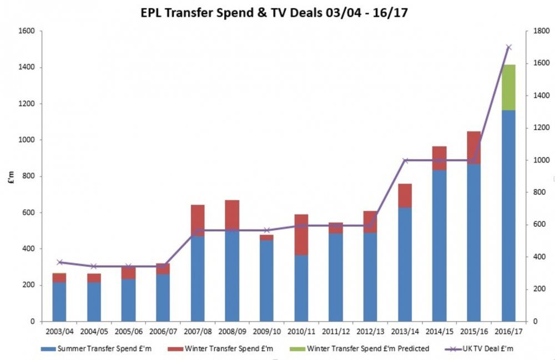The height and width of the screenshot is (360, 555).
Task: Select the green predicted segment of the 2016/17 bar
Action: (508, 87)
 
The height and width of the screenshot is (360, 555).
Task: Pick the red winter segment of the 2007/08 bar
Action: (198, 220)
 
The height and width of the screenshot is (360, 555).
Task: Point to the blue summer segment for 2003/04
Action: (60, 302)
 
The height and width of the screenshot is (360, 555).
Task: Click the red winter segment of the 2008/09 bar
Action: (233, 215)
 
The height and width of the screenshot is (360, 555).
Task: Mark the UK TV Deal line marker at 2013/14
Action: (405, 160)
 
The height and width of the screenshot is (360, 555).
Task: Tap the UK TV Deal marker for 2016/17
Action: (508, 47)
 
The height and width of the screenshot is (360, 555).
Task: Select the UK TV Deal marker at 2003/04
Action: (60, 262)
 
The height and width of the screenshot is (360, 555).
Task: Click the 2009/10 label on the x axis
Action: (267, 331)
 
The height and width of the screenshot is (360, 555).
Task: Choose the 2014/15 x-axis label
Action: (439, 331)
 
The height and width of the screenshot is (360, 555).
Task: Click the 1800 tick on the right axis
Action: (533, 31)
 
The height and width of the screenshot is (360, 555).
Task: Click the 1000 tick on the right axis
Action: (533, 160)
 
